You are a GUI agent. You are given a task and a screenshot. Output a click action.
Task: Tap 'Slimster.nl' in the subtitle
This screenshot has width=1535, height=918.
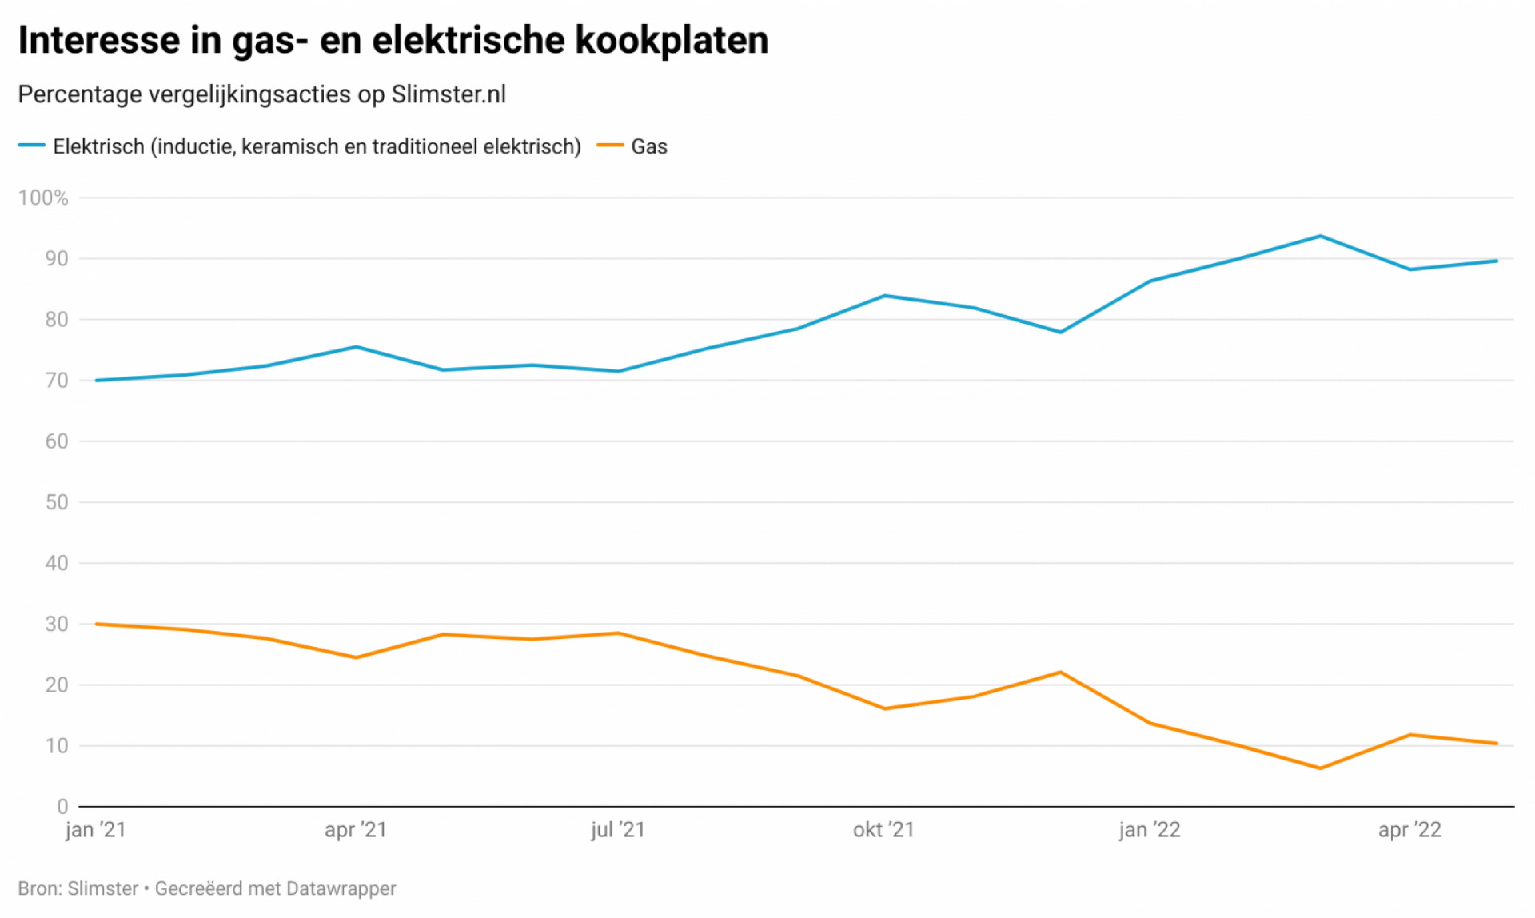[449, 94]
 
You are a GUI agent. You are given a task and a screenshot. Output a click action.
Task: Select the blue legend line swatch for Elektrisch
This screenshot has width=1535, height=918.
[31, 146]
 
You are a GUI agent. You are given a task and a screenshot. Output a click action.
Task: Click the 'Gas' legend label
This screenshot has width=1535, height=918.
[648, 146]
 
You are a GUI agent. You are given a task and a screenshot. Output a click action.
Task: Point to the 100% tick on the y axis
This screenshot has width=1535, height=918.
[43, 198]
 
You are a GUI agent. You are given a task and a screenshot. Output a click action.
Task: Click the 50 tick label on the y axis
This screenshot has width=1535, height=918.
[56, 502]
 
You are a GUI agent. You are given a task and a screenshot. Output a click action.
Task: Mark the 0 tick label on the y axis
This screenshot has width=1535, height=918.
[62, 806]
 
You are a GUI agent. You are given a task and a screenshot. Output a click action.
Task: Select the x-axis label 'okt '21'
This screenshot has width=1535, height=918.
[883, 830]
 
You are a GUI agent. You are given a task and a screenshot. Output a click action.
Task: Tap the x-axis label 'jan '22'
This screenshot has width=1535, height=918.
[1149, 830]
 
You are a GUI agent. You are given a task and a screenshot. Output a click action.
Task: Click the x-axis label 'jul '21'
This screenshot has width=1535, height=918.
[618, 830]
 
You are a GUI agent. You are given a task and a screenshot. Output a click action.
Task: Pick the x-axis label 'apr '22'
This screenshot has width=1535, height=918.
[1409, 830]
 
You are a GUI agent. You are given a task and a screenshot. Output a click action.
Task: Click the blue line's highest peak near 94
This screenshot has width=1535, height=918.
[1321, 236]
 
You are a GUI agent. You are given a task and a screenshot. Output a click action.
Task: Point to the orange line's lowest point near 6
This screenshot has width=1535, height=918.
[1320, 768]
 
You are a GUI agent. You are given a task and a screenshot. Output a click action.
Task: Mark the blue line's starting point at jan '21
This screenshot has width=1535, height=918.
[96, 381]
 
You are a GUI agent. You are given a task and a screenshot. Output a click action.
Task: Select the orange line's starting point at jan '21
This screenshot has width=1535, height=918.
[96, 624]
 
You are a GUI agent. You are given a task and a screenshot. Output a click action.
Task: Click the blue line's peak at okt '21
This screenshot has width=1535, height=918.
[885, 296]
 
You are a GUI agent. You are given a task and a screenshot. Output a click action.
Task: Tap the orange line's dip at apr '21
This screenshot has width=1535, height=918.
[357, 657]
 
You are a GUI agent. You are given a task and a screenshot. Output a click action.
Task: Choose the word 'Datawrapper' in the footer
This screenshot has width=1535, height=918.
[341, 888]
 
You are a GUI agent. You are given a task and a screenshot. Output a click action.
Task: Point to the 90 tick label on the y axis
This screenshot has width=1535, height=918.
[56, 258]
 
